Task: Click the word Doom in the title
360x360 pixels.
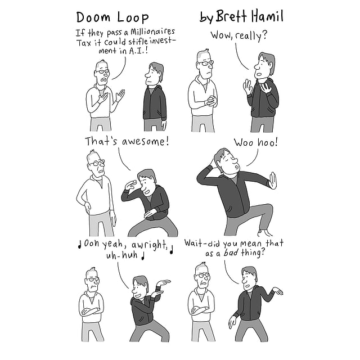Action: tap(93, 17)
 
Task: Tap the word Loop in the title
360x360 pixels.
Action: tap(133, 17)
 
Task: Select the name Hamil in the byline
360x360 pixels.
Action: tap(267, 16)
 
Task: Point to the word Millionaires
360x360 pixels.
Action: tap(152, 31)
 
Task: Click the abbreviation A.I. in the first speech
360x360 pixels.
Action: tap(138, 51)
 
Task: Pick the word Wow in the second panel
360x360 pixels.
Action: tap(220, 35)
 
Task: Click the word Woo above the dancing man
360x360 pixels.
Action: tap(244, 142)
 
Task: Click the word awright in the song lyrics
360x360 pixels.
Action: tap(148, 245)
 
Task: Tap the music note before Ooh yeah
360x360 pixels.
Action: tap(80, 245)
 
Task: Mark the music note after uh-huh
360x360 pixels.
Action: tap(143, 256)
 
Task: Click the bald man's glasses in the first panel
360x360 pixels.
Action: tap(102, 71)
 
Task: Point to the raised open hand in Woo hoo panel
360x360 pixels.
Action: tap(273, 181)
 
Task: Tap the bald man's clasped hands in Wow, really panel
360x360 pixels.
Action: tap(211, 101)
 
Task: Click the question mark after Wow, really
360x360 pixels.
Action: tap(264, 35)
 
